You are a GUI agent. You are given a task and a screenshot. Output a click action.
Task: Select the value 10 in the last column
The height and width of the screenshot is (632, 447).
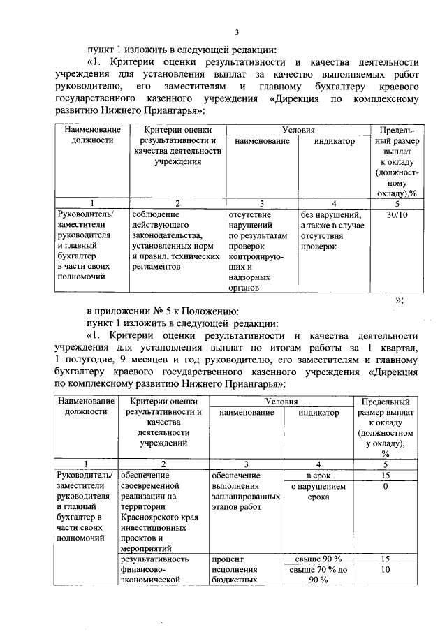(x=385, y=570)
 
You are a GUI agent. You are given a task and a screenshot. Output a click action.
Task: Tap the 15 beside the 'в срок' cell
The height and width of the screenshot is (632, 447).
(x=385, y=475)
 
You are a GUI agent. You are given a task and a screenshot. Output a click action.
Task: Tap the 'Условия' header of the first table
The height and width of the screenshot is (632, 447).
(x=298, y=130)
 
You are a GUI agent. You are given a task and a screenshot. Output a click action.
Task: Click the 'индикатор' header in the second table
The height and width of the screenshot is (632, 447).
(x=318, y=413)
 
